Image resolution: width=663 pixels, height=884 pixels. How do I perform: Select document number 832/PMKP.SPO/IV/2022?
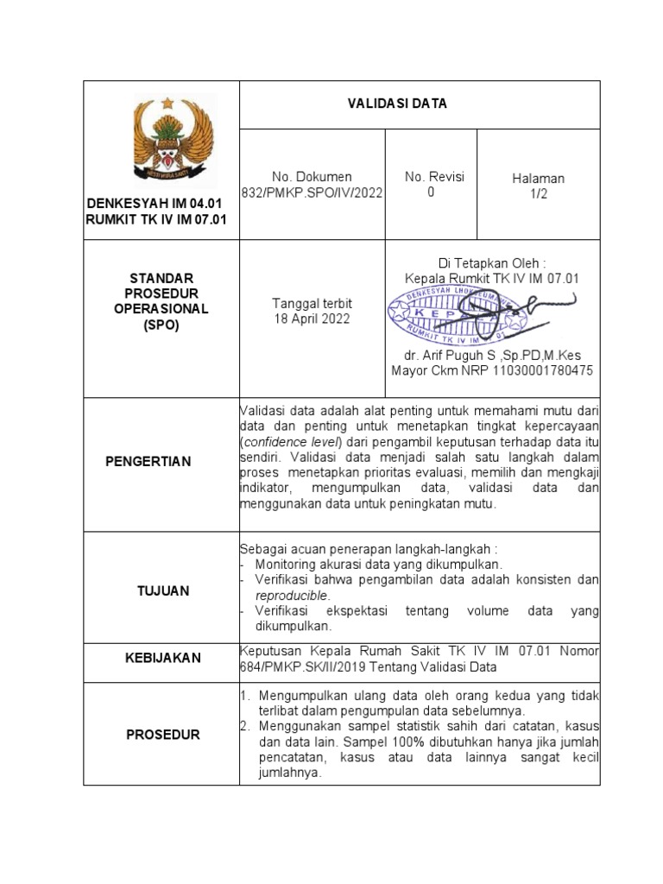(x=312, y=193)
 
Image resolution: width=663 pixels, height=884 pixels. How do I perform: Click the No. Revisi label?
(x=434, y=177)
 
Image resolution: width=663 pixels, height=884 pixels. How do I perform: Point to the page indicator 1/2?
(x=538, y=194)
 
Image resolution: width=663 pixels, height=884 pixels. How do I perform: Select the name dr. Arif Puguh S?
(x=450, y=356)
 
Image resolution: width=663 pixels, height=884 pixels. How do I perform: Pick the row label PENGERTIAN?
(x=148, y=462)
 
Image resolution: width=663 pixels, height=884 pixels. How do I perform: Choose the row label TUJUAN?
(x=162, y=591)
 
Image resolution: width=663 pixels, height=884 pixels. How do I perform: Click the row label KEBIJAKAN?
(x=162, y=658)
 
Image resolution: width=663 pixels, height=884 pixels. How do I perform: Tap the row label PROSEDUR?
(x=162, y=735)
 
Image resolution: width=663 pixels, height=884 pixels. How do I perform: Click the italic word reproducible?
(x=292, y=596)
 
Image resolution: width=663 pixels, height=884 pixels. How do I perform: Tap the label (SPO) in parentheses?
(x=162, y=324)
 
